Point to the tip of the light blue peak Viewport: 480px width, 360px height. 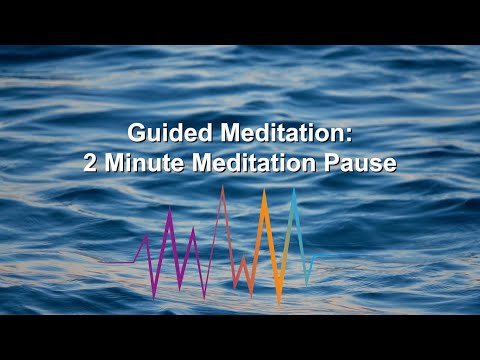[x=294, y=189]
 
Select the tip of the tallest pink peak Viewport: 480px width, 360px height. [x=222, y=187]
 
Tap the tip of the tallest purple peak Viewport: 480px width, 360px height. [x=170, y=208]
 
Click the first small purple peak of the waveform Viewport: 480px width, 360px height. [x=147, y=235]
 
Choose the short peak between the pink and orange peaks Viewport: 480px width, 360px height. [x=243, y=257]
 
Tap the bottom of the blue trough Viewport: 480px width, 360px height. [x=307, y=281]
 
